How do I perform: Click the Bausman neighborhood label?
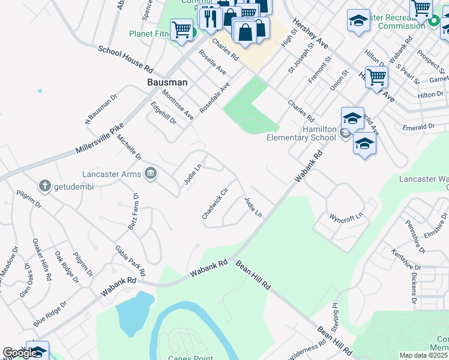coord(167,82)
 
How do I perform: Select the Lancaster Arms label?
coord(112,175)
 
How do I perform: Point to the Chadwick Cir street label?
coord(215,203)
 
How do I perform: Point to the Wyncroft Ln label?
coord(346,215)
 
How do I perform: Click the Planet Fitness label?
coord(149,34)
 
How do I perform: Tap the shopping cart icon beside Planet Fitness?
coord(181,29)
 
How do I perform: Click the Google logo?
coord(20,353)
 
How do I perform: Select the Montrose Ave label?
coord(178,104)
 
